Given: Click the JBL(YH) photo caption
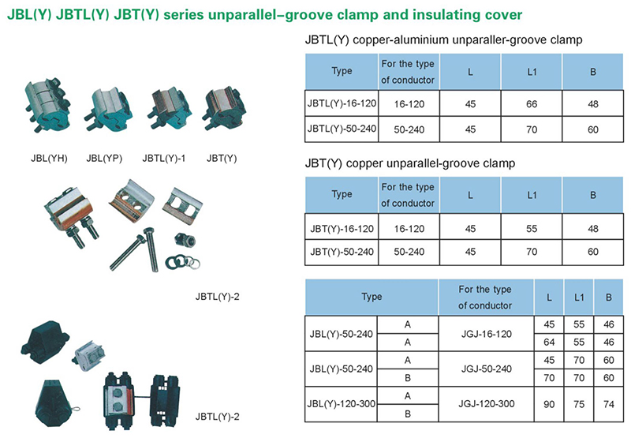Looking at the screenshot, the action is point(49,158).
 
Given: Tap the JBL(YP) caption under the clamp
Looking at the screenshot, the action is point(104,158).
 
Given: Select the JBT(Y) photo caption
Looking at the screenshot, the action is point(222,158).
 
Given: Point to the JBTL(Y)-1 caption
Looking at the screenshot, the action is point(164,158).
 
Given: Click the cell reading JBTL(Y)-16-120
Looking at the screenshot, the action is point(342,103).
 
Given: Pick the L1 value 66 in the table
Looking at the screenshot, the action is point(532,104).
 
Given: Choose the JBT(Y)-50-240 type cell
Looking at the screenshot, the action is point(342,252).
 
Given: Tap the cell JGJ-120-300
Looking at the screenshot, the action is point(487,404).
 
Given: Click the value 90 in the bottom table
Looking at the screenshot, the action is point(549,404).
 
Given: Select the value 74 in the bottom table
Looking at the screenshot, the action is point(608,404).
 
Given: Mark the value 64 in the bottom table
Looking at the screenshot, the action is point(549,343).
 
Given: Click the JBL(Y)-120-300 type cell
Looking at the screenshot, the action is point(342,404).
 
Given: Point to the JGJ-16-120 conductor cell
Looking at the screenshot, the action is point(487,334).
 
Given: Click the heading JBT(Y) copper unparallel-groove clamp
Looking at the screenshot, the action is point(410,163).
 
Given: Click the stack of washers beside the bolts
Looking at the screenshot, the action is point(183,263).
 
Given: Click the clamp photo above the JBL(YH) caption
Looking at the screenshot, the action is point(47,106).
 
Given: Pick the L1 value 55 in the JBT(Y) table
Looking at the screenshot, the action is point(532,229).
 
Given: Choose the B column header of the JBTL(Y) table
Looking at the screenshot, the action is point(593,72).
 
